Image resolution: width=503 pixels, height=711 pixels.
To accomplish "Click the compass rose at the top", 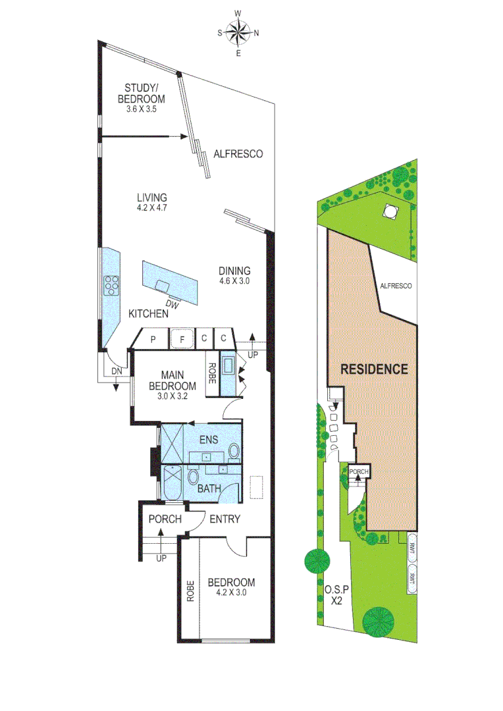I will (x=238, y=32).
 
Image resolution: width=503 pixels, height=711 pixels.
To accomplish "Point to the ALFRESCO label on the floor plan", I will (x=238, y=154).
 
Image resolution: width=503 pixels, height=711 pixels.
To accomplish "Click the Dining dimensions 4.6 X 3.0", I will (x=235, y=280).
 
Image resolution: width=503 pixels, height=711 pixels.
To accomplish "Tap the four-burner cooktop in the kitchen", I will (x=112, y=284).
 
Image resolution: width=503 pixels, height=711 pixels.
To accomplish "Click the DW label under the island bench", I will (x=172, y=304).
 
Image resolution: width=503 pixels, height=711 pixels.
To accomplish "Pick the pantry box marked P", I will (x=153, y=339).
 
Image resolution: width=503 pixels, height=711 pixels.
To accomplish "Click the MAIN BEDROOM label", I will (x=172, y=381).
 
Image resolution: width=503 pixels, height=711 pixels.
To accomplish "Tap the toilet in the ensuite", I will (x=234, y=451).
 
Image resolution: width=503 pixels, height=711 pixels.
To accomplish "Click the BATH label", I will (x=209, y=489).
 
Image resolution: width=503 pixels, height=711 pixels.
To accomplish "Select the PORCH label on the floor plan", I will (x=164, y=519).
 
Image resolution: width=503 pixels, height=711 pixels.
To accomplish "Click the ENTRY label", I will (x=225, y=519).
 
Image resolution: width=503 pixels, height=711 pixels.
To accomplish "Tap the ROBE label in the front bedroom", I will (x=190, y=591).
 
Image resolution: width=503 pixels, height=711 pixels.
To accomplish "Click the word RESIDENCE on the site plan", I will (x=374, y=369).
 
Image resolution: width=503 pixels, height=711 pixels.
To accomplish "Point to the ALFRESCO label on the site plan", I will (x=396, y=286).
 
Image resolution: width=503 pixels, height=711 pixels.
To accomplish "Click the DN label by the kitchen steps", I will (x=116, y=373).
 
